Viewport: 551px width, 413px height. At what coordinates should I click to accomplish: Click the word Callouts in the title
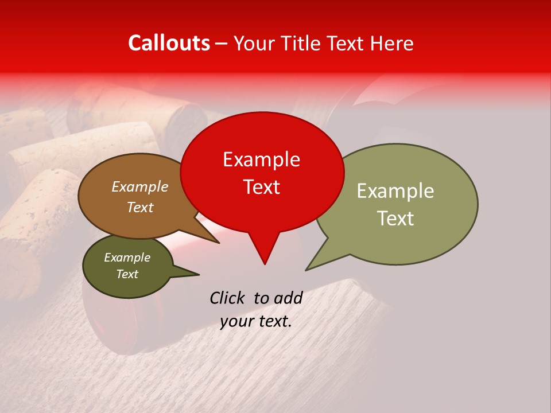click(169, 43)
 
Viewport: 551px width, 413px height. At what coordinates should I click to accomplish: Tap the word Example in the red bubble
click(261, 159)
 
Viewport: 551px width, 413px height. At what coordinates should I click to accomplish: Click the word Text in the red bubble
click(261, 187)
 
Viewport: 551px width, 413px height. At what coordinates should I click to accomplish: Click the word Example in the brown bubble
click(139, 187)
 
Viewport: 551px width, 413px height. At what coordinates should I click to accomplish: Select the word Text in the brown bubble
click(139, 207)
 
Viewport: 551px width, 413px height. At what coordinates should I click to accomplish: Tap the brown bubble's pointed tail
click(216, 241)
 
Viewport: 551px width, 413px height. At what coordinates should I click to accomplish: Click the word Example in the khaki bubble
click(395, 191)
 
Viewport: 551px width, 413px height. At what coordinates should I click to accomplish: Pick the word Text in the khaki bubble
click(395, 219)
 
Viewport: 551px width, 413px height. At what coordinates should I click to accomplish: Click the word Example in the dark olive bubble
click(127, 258)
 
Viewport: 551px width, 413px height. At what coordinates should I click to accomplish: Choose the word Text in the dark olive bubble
click(127, 274)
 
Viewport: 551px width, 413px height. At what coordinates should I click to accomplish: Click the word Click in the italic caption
click(228, 298)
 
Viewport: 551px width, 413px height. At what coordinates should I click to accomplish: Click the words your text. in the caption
click(256, 322)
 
